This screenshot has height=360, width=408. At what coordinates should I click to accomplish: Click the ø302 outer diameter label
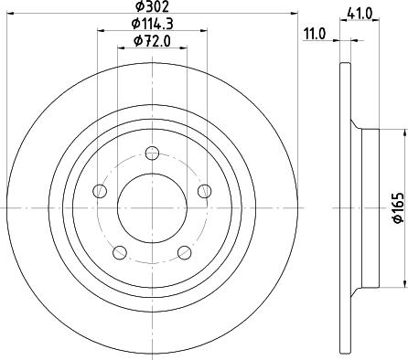coord(150,7)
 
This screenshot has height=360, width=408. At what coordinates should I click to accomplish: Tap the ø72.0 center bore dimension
coord(151,42)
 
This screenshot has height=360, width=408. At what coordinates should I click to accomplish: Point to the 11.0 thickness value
coord(315,34)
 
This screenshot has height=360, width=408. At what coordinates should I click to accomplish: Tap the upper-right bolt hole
coord(203,190)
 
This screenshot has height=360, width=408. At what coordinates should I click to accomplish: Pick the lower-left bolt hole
coord(119,251)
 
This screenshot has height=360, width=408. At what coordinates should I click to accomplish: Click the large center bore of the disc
coord(151,208)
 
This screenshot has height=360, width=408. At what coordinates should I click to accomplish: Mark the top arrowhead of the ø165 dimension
coord(386,132)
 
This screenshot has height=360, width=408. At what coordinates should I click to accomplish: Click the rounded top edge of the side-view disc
coord(344,65)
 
